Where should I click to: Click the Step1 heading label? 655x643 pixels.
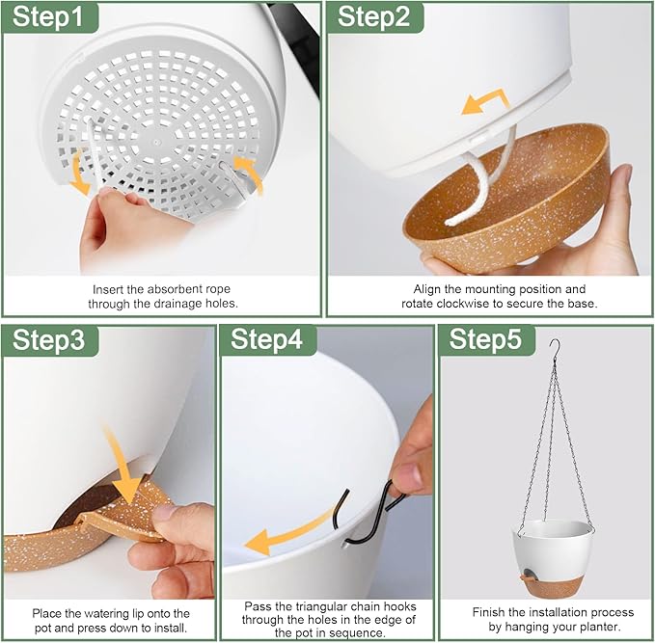click(48, 16)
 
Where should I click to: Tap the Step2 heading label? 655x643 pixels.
click(373, 16)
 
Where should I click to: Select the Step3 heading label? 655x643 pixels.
click(48, 340)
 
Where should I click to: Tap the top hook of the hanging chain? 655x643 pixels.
click(556, 349)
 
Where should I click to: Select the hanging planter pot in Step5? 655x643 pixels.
click(552, 559)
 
